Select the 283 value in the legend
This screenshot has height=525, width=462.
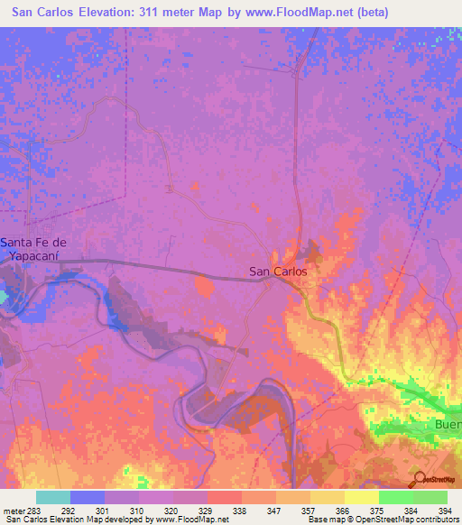pyautogui.click(x=34, y=511)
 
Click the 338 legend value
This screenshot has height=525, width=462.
pyautogui.click(x=239, y=511)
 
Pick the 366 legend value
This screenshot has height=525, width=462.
pyautogui.click(x=342, y=511)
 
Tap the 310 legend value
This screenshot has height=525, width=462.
pyautogui.click(x=137, y=511)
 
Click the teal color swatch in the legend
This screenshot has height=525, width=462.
pyautogui.click(x=53, y=497)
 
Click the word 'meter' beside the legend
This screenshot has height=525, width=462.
pyautogui.click(x=13, y=511)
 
